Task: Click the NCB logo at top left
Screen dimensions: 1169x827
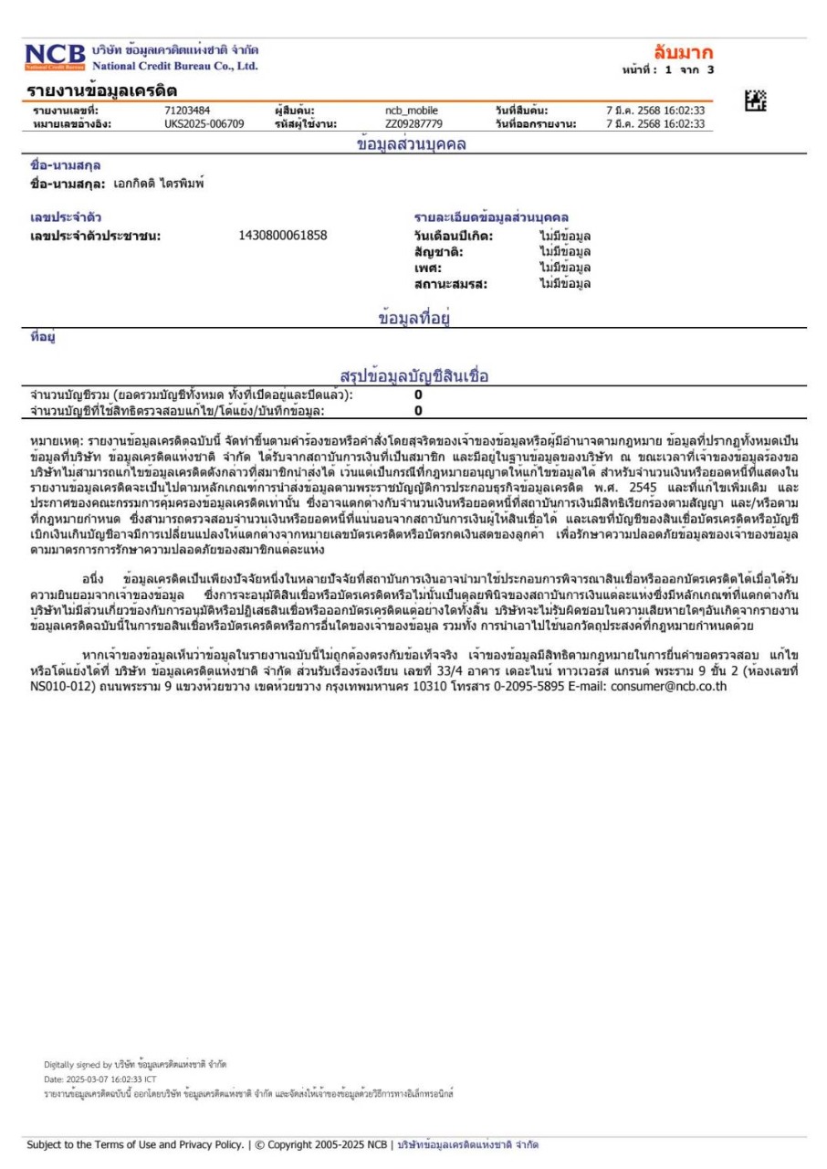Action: tap(56, 57)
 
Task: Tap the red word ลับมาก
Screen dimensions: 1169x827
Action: tap(683, 52)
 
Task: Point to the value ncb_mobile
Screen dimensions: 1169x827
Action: tap(412, 111)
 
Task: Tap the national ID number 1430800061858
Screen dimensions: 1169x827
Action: tap(282, 236)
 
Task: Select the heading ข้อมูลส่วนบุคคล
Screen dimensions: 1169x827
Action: tap(411, 143)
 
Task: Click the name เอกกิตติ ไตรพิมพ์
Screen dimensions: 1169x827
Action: tap(158, 184)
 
